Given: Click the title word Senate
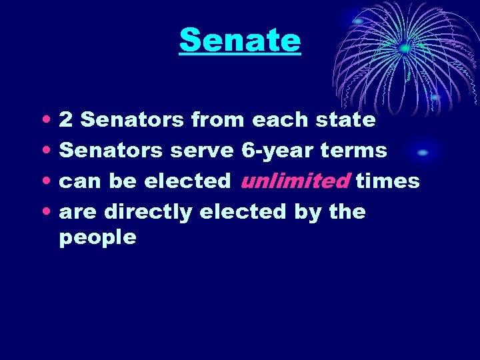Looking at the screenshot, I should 240,41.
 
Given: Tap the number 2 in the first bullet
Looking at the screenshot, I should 66,121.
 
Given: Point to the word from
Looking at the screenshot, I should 217,121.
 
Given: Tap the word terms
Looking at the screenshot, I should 353,151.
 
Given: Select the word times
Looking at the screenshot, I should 387,181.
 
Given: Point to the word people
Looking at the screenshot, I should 97,237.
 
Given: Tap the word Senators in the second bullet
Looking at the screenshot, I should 111,151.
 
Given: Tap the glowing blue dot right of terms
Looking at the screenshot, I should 422,153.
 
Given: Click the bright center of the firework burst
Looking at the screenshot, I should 404,48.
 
